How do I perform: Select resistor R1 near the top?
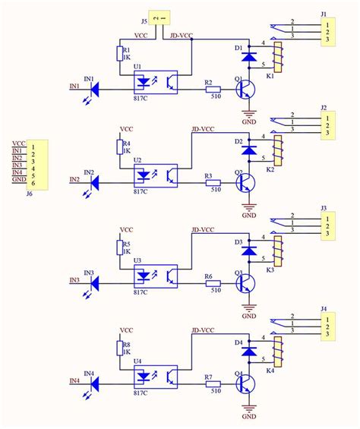(x=118, y=53)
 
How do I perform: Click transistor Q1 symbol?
(x=245, y=90)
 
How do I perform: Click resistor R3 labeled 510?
(x=213, y=182)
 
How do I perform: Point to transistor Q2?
(x=245, y=183)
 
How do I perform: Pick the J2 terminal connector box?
(x=328, y=126)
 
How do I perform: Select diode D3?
(x=247, y=251)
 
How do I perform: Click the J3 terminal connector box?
(x=328, y=226)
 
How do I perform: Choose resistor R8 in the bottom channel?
(x=118, y=349)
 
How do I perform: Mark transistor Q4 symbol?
(x=245, y=383)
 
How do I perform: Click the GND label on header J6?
(x=18, y=180)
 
